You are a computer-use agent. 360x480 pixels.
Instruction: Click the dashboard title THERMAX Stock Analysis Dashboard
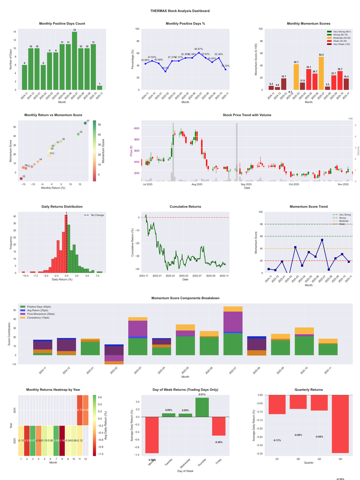coord(180,11)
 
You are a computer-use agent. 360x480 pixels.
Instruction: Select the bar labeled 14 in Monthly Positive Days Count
coord(75,60)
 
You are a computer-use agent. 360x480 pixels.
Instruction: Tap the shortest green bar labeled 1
coord(99,87)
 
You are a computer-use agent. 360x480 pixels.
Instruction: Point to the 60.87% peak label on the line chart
coord(199,49)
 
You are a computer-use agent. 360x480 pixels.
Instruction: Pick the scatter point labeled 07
coord(85,123)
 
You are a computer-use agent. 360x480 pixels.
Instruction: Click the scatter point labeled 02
coord(21,179)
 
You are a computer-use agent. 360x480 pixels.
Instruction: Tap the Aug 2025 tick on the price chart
coord(197,185)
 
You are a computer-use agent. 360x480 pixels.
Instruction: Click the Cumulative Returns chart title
coord(185,206)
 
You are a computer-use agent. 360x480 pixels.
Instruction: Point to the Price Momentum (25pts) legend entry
coord(41,313)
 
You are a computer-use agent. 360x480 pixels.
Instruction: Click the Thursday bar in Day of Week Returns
coord(202,407)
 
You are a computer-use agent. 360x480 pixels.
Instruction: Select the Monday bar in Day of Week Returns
coord(152,435)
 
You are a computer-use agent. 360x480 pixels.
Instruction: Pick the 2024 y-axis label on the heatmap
coord(15,410)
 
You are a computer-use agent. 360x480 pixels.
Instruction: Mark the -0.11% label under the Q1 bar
coord(278,440)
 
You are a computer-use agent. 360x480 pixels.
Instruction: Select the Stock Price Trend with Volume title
coord(247,115)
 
